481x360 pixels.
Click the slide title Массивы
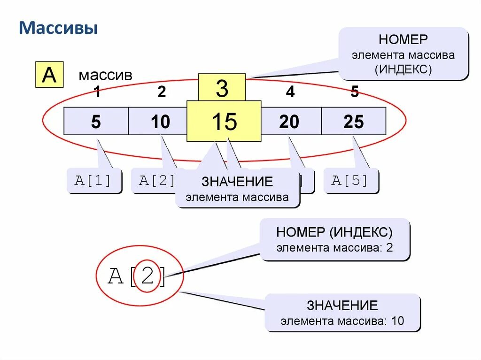(58, 28)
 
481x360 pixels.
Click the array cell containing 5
(96, 122)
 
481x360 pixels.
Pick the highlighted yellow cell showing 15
(224, 122)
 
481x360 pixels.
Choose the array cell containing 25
(353, 122)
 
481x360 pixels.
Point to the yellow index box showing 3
(222, 88)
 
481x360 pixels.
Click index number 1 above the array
(97, 92)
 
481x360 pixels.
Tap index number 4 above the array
(290, 92)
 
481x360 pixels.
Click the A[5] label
(350, 181)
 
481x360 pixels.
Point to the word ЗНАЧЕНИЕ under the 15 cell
(237, 182)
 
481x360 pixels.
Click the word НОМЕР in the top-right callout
(403, 39)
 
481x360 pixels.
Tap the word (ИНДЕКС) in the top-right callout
(403, 69)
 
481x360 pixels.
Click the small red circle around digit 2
(147, 276)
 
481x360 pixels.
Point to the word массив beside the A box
(105, 75)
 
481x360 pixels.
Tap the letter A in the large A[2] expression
(116, 276)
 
